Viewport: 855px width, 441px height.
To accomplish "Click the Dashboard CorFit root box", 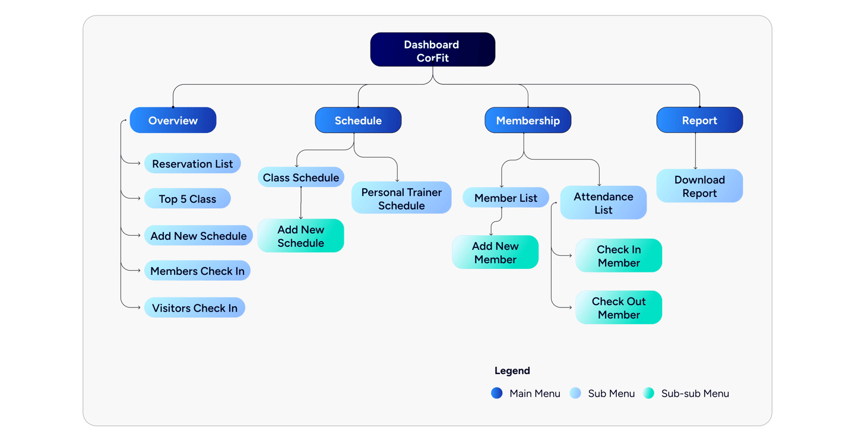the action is [x=432, y=50].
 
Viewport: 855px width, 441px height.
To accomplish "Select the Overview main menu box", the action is [x=173, y=120].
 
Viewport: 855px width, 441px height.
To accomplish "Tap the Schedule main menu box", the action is [x=358, y=120].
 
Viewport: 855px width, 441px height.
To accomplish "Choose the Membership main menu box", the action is [x=528, y=120].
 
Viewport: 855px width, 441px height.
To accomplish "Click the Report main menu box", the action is [x=699, y=120].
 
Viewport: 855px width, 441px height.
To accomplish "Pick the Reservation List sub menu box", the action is [x=192, y=163].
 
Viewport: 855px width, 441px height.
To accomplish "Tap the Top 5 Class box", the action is [x=188, y=198].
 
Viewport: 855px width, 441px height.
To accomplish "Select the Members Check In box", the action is [x=197, y=271].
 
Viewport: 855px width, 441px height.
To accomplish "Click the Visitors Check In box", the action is [x=195, y=307].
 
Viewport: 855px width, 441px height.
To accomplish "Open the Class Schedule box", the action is [x=301, y=177].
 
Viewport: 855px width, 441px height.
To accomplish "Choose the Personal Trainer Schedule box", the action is [x=401, y=198].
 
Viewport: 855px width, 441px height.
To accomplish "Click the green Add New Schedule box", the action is [x=301, y=236].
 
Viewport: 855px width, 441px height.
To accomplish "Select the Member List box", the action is [x=506, y=197].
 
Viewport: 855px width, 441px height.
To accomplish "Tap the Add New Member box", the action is [x=495, y=252].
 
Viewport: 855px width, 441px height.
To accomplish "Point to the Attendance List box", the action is [x=603, y=202].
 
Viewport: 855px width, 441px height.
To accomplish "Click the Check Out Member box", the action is [x=619, y=307].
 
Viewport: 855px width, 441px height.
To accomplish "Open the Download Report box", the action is [x=699, y=186].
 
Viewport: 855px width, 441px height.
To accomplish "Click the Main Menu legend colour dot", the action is [x=496, y=393].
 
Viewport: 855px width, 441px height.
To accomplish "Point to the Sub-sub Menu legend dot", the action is [x=648, y=393].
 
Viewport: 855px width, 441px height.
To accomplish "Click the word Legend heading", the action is [x=512, y=370].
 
